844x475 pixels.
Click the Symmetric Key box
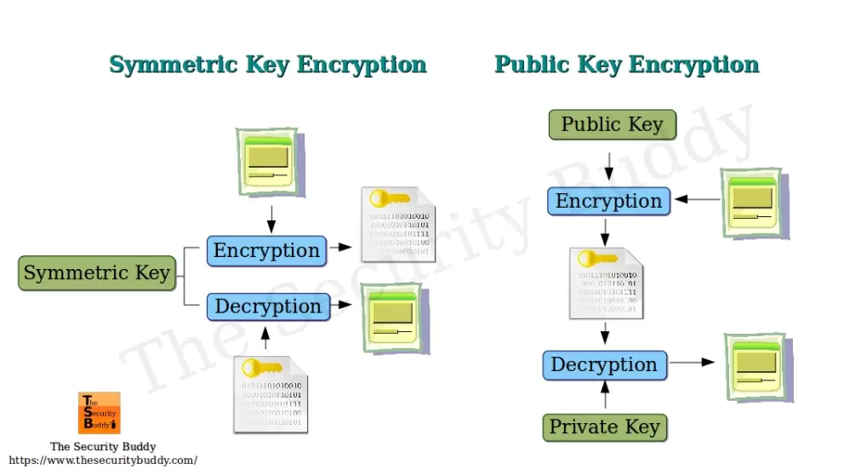point(96,273)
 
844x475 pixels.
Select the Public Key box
point(612,125)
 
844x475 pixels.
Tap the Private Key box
point(605,427)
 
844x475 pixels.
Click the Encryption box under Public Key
point(608,202)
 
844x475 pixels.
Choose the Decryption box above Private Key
point(604,365)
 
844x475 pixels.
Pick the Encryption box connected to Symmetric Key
point(266,251)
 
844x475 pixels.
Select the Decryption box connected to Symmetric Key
point(268,306)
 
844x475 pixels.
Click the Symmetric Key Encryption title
point(268,65)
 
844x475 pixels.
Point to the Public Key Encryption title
point(626,65)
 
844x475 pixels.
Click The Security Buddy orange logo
point(100,413)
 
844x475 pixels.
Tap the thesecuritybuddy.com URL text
point(103,460)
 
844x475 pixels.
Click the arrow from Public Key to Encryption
point(608,165)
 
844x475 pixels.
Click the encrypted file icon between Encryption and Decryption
point(606,283)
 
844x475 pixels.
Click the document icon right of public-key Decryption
point(758,367)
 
